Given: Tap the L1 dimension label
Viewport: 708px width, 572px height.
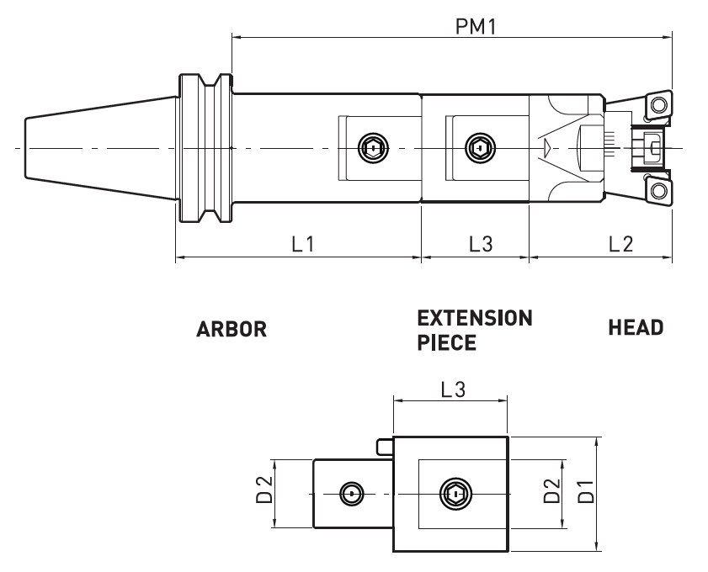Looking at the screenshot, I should point(303,244).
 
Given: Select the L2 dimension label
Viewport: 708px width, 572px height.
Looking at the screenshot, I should point(620,244).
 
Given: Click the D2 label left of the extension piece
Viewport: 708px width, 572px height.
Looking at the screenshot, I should point(264,493).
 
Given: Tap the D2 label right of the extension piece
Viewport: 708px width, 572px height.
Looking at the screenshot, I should point(551,493).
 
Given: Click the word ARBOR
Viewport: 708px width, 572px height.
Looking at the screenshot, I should point(232,329).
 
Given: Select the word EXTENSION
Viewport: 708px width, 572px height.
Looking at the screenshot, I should point(475,319).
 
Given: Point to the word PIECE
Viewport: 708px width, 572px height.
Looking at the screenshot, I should point(446,343).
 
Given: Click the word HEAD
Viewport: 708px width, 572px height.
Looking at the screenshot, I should point(635,328).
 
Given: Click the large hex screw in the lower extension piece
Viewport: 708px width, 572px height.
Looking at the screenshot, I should point(455,494).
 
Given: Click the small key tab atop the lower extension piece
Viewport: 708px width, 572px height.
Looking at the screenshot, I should point(385,445).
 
